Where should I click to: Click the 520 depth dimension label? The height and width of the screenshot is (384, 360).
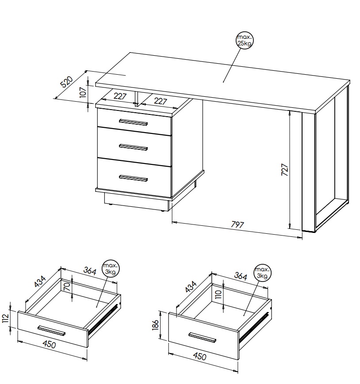(x=67, y=82)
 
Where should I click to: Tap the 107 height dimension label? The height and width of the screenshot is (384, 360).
(x=83, y=92)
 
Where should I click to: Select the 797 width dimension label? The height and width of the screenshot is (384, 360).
(x=237, y=224)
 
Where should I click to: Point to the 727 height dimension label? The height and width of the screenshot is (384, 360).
(x=284, y=170)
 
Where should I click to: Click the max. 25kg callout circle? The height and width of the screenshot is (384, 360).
(x=244, y=40)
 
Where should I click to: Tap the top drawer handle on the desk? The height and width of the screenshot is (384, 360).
(x=133, y=122)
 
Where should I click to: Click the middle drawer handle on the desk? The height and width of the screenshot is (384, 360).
(x=133, y=147)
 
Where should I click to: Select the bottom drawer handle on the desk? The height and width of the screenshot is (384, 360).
(x=133, y=178)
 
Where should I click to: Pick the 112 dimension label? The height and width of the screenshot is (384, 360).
(x=6, y=318)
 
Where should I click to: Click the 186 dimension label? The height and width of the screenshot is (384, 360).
(x=155, y=325)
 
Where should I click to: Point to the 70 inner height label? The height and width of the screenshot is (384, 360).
(x=67, y=286)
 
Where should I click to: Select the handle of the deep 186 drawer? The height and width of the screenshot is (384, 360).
(x=203, y=337)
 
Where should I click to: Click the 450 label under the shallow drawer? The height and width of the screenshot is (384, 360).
(x=49, y=344)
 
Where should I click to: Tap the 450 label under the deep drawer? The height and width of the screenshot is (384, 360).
(x=200, y=356)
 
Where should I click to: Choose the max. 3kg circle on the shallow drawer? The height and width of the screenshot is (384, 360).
(x=111, y=269)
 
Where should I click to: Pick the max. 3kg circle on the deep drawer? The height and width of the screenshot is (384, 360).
(x=262, y=273)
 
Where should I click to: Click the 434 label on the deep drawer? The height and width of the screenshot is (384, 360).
(x=191, y=287)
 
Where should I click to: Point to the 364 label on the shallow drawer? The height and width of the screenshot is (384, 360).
(x=90, y=270)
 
